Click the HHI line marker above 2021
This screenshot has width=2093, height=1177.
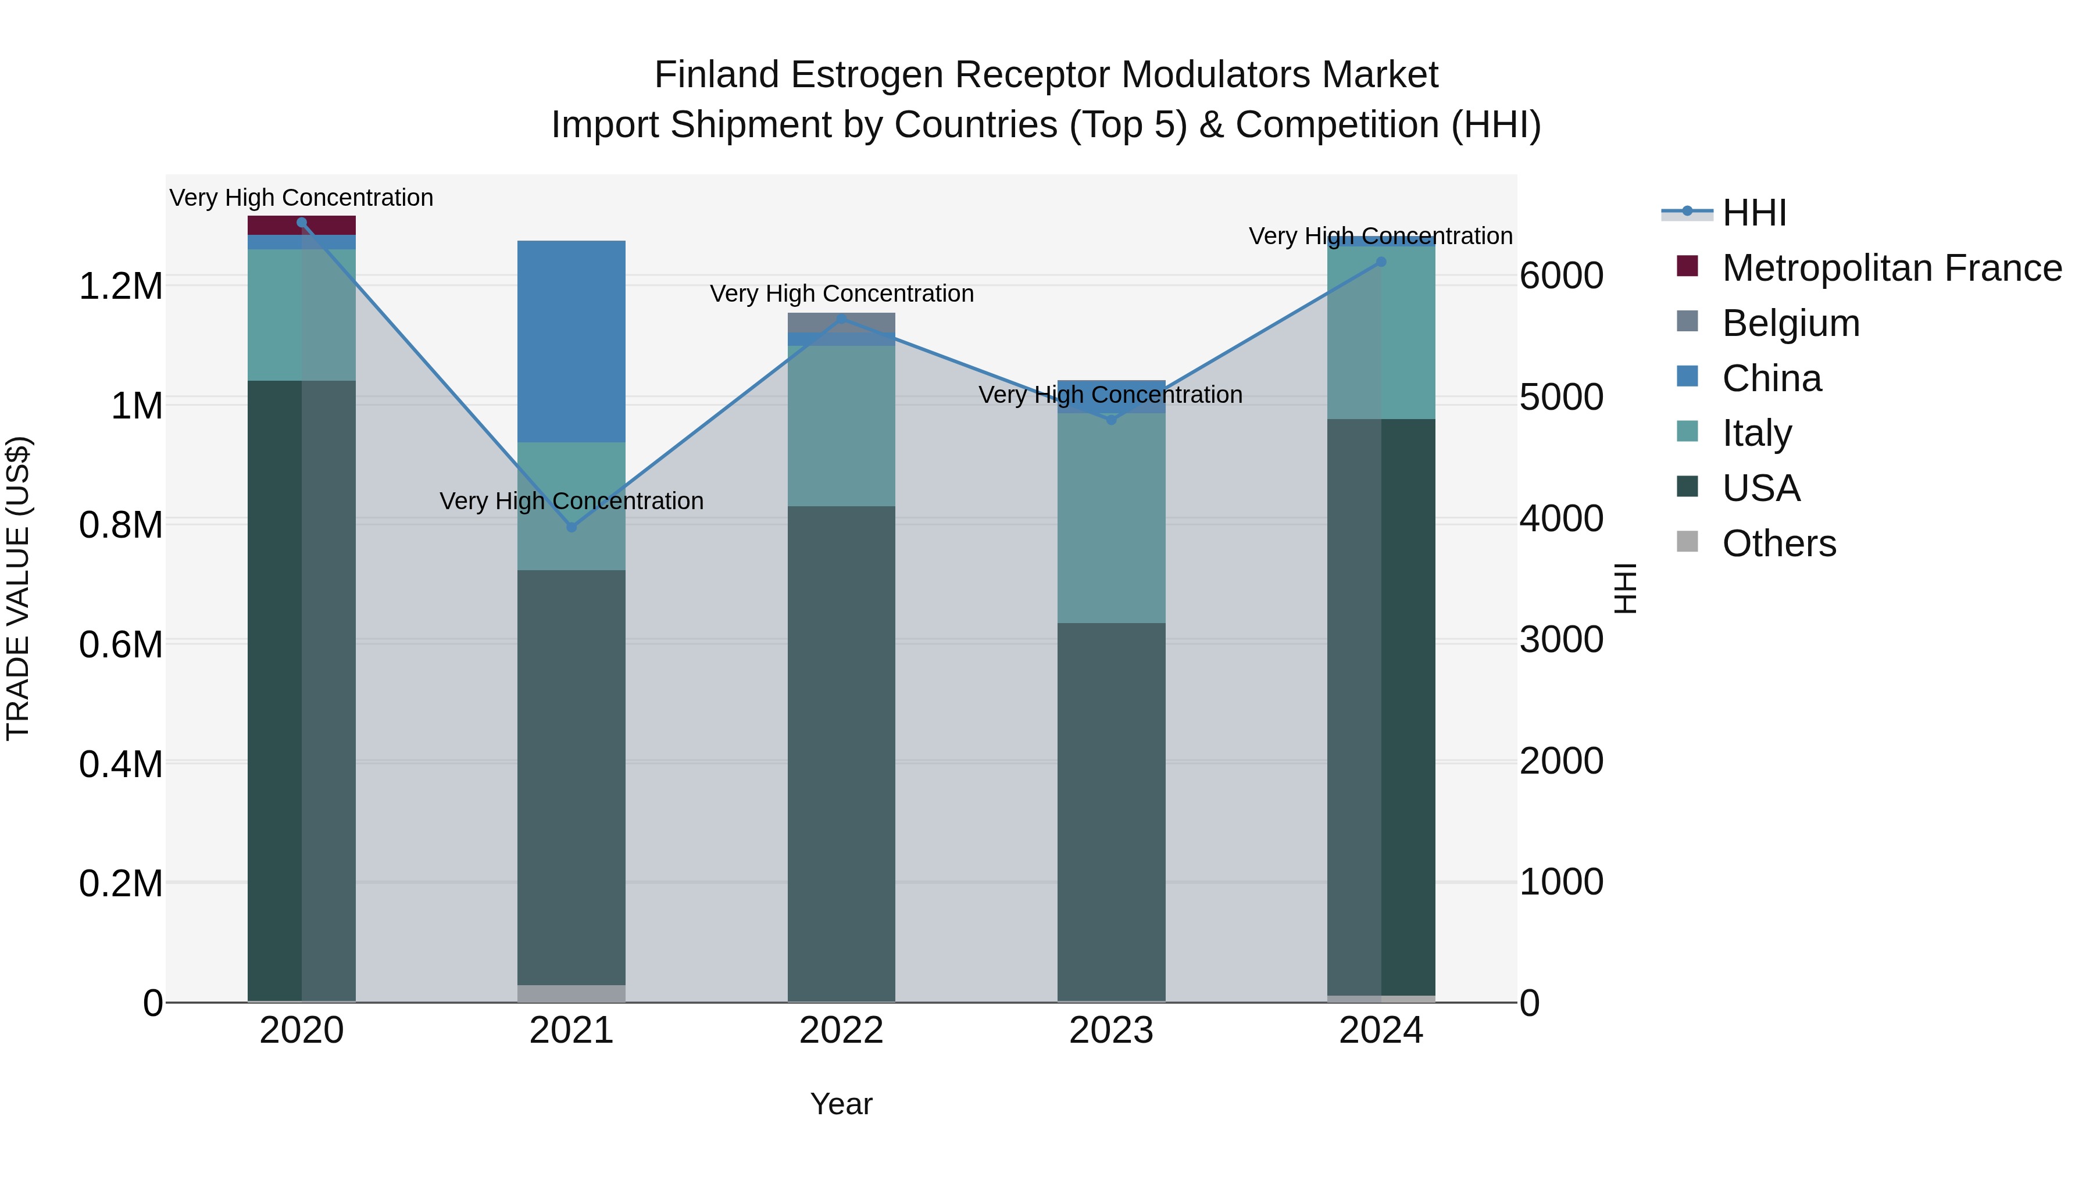point(571,527)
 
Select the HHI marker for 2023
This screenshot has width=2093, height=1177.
point(1112,420)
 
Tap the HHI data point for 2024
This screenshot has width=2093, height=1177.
point(1381,262)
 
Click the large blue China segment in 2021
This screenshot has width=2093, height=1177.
point(571,341)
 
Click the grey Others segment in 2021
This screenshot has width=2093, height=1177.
point(571,993)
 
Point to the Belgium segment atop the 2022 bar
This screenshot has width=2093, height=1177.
point(841,321)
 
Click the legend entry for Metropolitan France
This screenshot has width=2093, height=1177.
point(1891,268)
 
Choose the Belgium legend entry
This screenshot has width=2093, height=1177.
point(1790,323)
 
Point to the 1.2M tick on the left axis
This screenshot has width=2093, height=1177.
point(120,287)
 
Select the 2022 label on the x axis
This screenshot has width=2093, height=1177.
point(841,1031)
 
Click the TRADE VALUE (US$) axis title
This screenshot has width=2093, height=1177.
point(18,588)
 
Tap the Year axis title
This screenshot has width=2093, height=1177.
point(841,1104)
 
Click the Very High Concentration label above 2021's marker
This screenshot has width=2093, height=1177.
point(571,501)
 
